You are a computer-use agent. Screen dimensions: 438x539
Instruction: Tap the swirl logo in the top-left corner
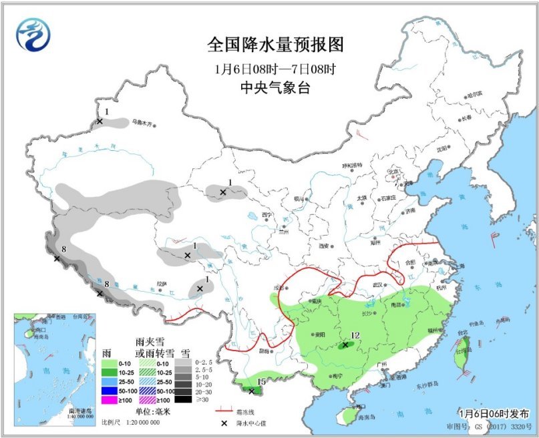tap(33, 33)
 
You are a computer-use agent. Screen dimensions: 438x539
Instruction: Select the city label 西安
tap(325, 246)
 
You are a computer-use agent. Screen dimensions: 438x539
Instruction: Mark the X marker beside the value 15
tap(250, 391)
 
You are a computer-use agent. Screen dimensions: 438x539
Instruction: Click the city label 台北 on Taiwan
tap(462, 332)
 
